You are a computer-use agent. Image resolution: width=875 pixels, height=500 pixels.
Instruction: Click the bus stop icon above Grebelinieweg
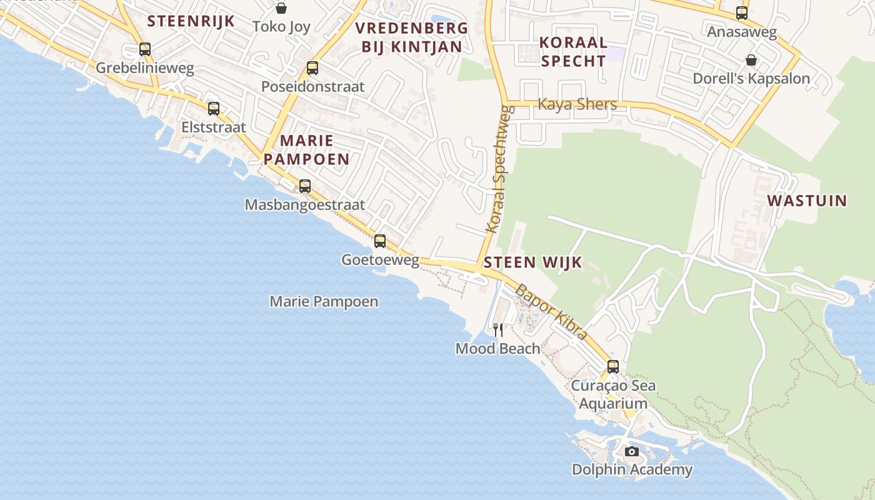[x=145, y=49]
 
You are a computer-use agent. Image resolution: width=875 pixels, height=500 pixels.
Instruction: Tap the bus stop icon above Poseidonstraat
[x=312, y=68]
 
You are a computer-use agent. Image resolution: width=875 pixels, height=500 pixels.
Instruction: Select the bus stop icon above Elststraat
[x=214, y=109]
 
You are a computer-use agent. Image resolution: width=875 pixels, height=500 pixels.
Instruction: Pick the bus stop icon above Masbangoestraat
[x=305, y=186]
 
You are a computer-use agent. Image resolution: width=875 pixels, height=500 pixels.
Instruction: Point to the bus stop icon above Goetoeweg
[x=380, y=241]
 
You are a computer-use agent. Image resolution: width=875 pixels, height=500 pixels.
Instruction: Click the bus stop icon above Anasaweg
[x=742, y=13]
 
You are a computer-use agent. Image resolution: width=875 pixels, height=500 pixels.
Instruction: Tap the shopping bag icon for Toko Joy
[x=281, y=8]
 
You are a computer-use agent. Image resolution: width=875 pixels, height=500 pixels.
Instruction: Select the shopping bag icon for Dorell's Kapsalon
[x=751, y=60]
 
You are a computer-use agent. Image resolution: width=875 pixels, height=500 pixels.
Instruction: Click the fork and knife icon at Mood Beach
[x=498, y=329]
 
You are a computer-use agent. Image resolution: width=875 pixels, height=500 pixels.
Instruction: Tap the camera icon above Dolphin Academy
[x=632, y=451]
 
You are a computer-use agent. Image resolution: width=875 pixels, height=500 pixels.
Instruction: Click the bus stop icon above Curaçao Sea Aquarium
[x=613, y=367]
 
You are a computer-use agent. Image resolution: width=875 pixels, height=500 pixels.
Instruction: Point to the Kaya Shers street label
[x=577, y=104]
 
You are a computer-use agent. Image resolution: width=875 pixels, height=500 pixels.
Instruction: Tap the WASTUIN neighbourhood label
[x=807, y=201]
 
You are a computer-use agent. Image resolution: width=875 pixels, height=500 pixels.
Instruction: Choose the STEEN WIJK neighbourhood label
[x=533, y=262]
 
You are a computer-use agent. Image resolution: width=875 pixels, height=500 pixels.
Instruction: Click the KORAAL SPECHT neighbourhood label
[x=573, y=51]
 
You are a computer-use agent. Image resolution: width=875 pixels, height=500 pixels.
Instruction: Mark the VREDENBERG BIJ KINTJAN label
[x=412, y=37]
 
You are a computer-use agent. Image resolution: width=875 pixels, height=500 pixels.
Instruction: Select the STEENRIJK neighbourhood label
[x=191, y=21]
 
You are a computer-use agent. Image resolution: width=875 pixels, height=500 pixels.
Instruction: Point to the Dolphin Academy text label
[x=632, y=469]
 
